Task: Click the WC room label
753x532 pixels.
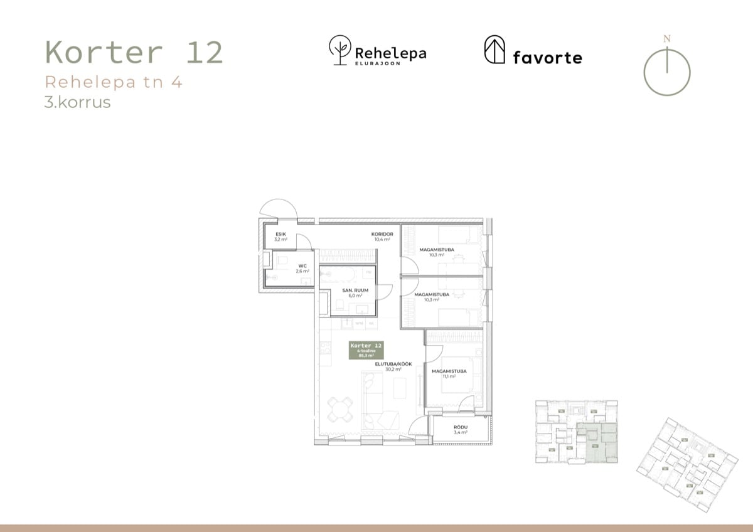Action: (302, 265)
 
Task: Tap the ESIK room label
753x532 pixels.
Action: (280, 234)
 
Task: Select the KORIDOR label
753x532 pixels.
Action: (382, 234)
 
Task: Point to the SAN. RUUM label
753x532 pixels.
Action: (355, 290)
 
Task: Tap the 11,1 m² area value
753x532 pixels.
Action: (449, 377)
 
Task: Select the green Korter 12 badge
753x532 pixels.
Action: (366, 350)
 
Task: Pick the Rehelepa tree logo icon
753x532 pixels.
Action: (340, 50)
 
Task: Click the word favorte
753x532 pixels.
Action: (547, 58)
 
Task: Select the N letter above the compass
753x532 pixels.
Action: (667, 39)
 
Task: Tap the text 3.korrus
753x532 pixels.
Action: (78, 102)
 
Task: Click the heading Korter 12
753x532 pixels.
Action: (134, 53)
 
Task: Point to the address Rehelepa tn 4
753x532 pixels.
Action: (114, 82)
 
